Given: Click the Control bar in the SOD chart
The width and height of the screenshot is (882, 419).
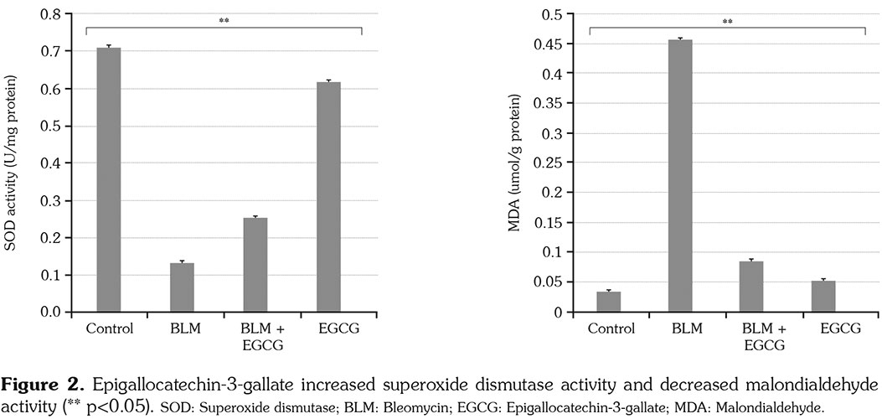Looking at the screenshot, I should (109, 180).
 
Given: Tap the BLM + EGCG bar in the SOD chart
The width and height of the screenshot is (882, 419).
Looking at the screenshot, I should (255, 265).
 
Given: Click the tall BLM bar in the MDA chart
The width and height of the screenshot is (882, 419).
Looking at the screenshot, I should (680, 176).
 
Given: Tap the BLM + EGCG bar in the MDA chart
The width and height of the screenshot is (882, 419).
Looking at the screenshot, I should (751, 287).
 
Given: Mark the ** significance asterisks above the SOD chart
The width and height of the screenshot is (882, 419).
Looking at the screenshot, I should (224, 21).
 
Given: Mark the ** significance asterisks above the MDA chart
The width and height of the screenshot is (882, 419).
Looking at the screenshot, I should (727, 21).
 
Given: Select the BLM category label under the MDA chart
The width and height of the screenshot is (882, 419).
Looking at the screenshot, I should (680, 328).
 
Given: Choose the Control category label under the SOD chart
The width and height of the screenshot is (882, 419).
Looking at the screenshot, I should (109, 328).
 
